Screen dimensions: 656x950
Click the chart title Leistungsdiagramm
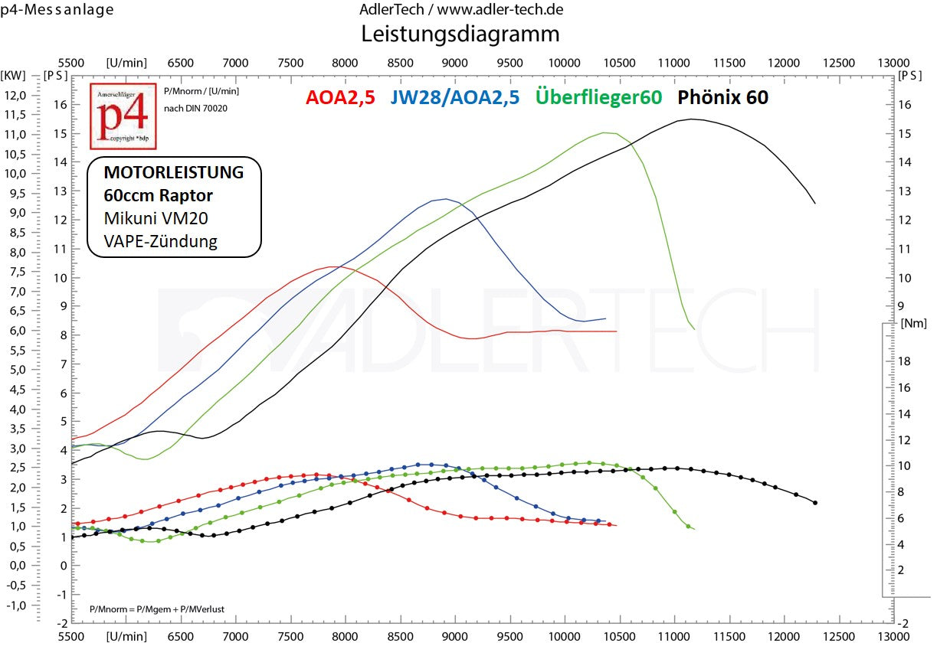pos(460,34)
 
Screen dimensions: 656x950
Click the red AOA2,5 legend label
pos(340,97)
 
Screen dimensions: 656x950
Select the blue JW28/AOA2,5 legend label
pos(454,97)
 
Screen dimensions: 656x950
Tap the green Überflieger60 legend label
pos(599,97)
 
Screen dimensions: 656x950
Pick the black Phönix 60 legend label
pos(722,97)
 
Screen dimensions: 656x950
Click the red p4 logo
pos(123,116)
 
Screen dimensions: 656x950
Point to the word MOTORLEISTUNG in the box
pos(174,172)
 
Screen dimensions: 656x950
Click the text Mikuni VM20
pos(156,218)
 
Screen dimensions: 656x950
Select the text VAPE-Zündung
pos(161,241)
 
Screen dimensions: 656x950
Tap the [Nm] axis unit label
pos(914,323)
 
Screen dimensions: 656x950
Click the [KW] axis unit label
pos(14,75)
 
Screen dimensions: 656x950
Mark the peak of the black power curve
pos(692,119)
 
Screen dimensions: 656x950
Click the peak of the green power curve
pos(605,132)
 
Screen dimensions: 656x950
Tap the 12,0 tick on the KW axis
pos(15,95)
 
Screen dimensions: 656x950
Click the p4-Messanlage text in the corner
pos(57,10)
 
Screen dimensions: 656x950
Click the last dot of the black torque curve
pos(814,503)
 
